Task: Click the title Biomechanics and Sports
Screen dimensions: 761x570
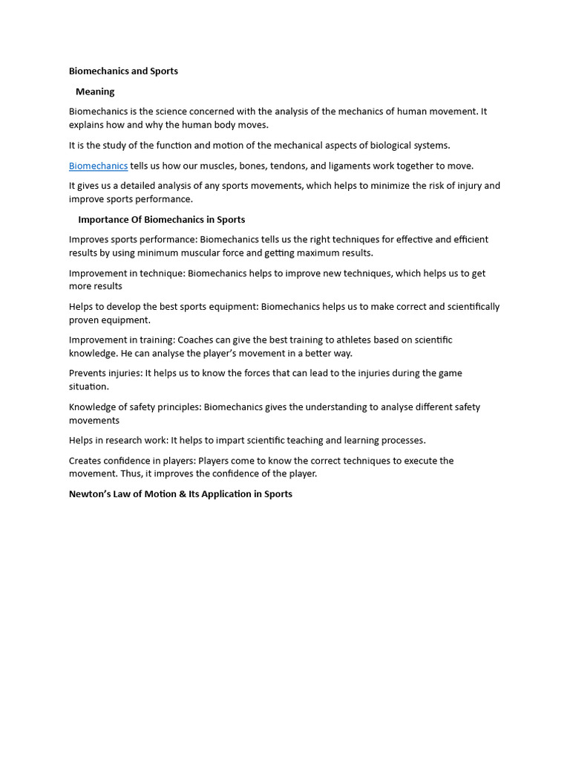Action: pos(123,71)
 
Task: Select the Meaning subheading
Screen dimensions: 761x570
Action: pos(95,91)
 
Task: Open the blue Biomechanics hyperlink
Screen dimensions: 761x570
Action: pos(98,166)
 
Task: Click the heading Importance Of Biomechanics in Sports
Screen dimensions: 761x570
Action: pos(161,219)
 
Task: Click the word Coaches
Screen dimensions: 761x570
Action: pos(196,340)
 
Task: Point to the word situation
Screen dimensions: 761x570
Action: pos(88,386)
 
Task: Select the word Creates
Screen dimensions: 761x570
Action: pos(85,461)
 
